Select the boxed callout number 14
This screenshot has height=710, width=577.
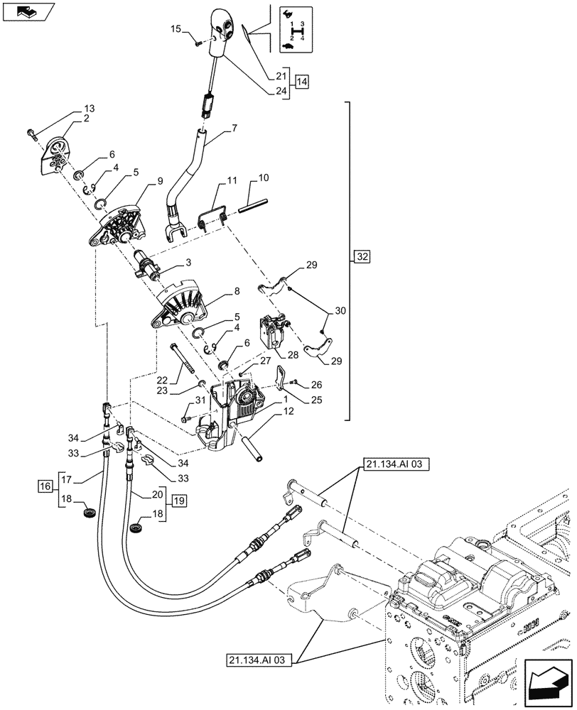tap(302, 82)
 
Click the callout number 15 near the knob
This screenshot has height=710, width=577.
tap(176, 30)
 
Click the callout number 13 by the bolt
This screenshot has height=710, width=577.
tap(89, 109)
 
